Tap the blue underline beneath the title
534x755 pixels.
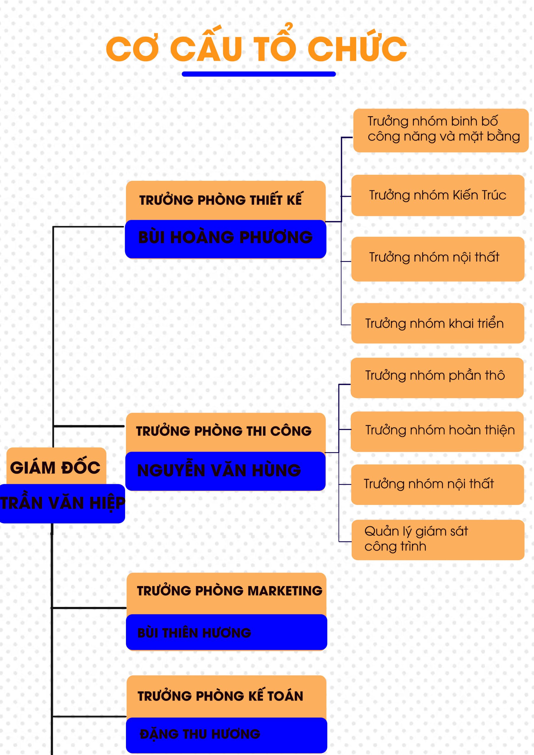[259, 74]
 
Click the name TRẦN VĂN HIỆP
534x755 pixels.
[62, 503]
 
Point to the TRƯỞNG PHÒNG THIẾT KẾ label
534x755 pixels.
[220, 200]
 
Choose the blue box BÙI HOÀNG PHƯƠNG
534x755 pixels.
[225, 238]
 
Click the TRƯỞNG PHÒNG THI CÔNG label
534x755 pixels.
[224, 431]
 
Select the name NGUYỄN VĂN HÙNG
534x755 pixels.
[219, 470]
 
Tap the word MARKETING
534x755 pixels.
[285, 591]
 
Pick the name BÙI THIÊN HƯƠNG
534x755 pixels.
[194, 633]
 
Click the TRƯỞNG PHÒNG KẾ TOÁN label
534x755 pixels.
[220, 696]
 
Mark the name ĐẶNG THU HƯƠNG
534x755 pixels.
[200, 734]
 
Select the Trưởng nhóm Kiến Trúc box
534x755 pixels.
[438, 195]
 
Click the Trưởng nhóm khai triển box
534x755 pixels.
[438, 324]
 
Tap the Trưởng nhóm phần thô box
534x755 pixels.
[437, 375]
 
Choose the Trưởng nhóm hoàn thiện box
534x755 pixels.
[437, 430]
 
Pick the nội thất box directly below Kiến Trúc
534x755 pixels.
[438, 257]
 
